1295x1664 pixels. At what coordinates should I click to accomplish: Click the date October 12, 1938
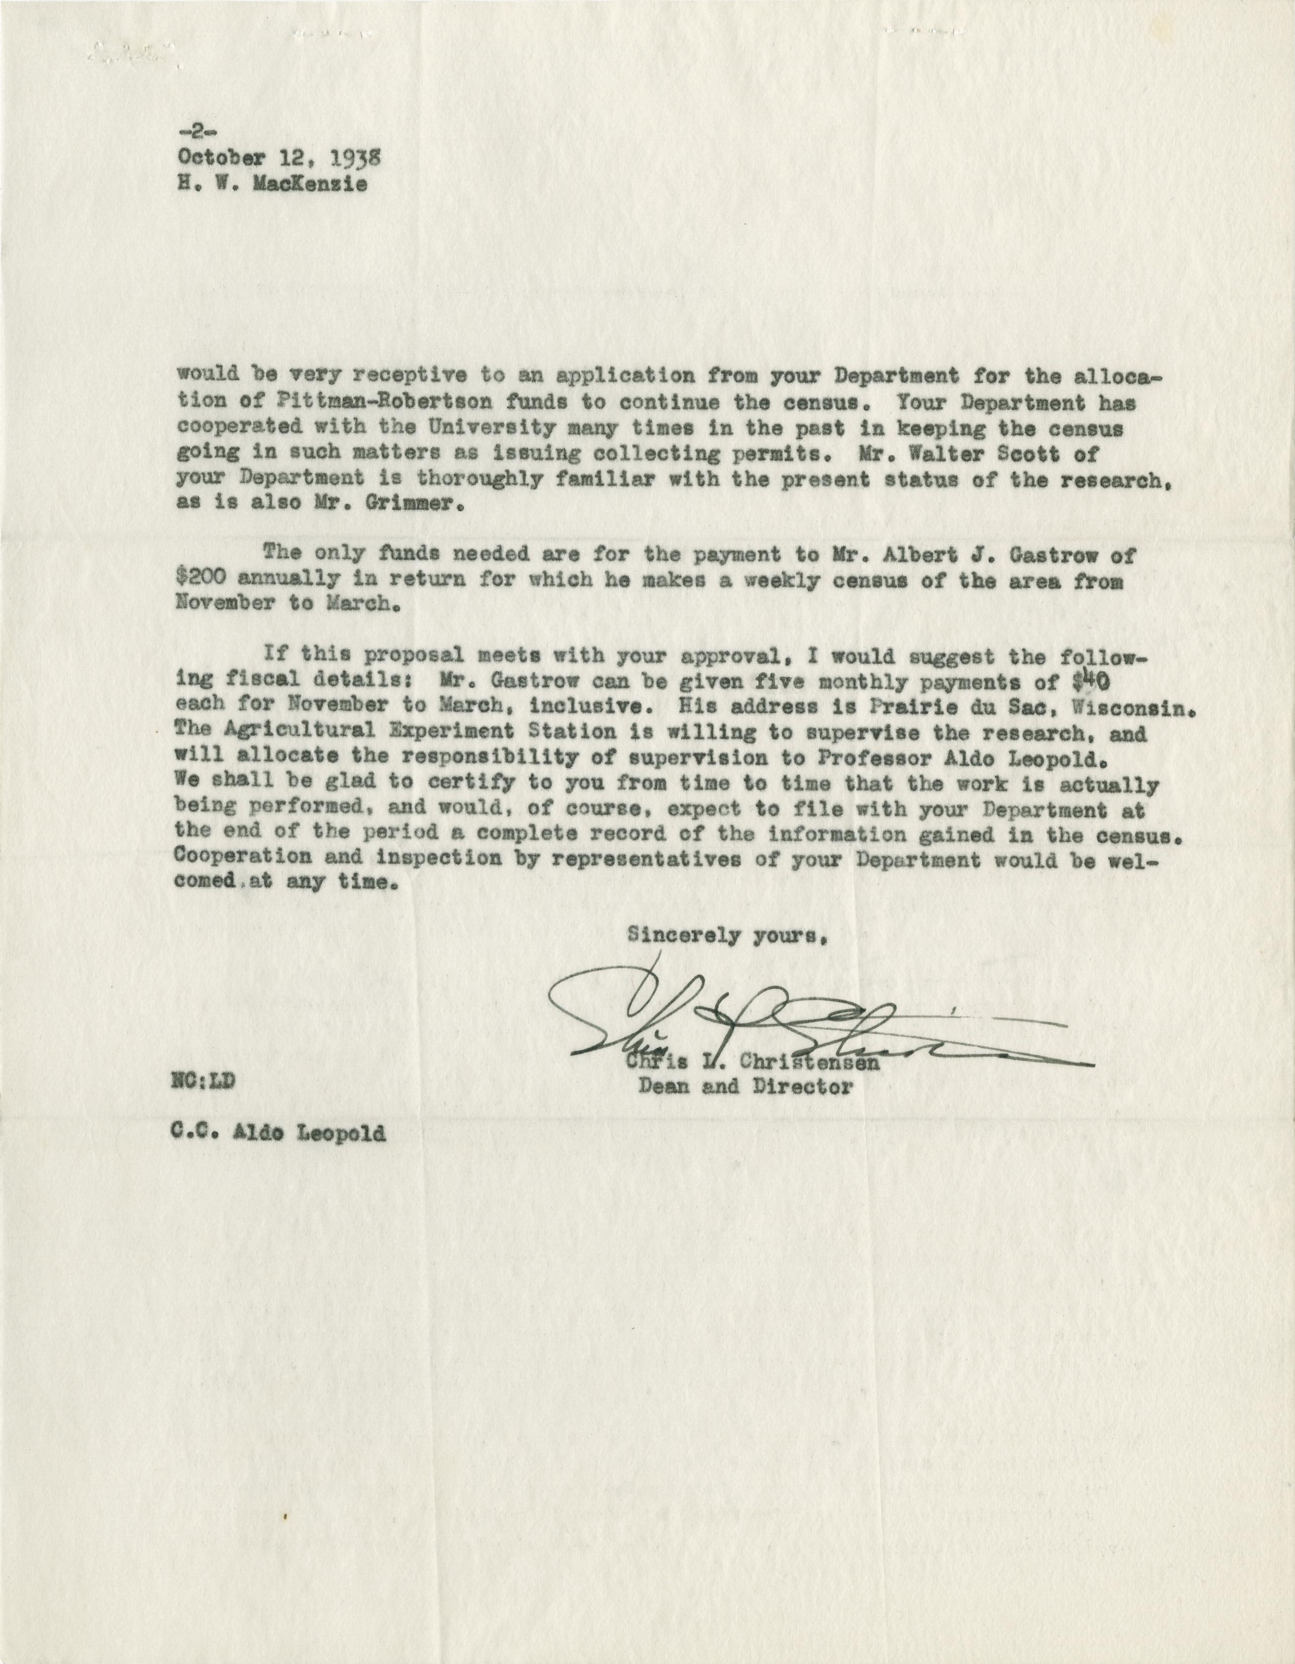click(278, 157)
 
